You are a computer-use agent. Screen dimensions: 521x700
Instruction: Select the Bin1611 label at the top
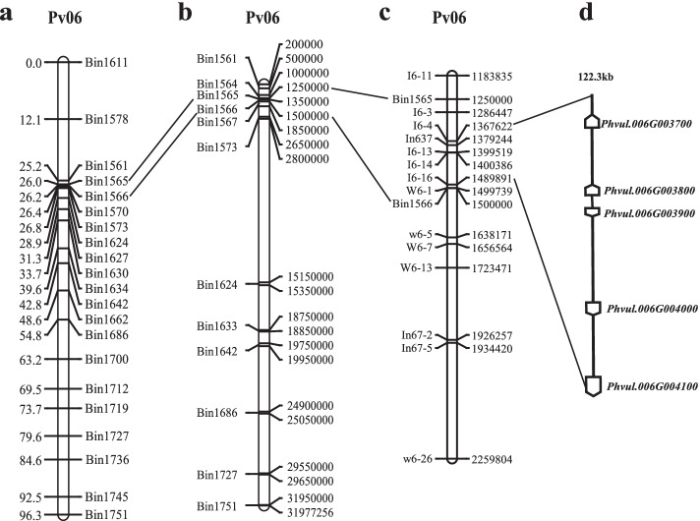108,63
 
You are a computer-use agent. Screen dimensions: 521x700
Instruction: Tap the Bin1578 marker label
108,120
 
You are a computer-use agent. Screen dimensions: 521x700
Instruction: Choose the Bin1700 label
108,361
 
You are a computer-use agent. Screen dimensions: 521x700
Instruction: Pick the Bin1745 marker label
108,496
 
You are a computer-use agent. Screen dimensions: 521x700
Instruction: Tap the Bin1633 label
217,326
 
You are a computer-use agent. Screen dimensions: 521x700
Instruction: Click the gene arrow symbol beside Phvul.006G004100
592,385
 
